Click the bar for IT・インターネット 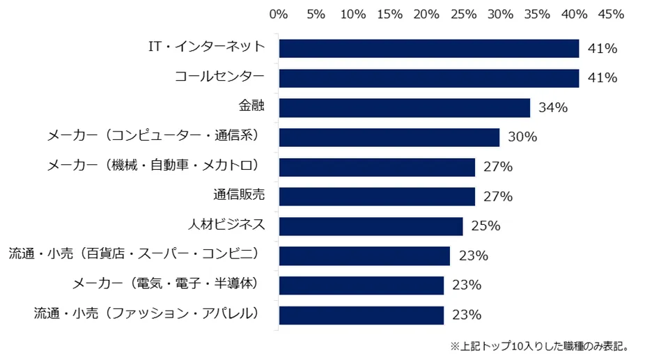pos(428,49)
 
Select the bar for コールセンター pos(428,78)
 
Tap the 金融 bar pos(404,108)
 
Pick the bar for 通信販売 pos(377,196)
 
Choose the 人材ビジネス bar pos(371,226)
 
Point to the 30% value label pos(522,137)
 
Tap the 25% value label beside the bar pos(485,226)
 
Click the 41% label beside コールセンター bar pos(603,78)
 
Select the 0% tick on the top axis pos(279,14)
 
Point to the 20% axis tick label pos(426,14)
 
